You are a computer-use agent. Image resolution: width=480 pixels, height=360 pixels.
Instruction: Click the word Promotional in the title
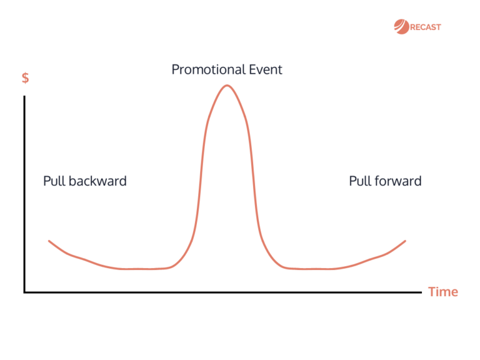click(208, 69)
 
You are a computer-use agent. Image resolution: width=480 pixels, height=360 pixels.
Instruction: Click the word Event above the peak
click(265, 69)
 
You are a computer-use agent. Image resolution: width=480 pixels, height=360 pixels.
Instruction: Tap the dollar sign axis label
click(25, 79)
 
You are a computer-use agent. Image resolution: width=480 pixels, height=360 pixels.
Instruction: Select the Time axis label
click(443, 292)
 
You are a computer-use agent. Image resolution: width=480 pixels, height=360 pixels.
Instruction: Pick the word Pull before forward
click(359, 181)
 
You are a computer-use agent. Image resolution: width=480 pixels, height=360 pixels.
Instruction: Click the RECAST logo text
click(426, 27)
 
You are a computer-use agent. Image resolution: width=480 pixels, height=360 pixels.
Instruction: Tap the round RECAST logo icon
click(401, 26)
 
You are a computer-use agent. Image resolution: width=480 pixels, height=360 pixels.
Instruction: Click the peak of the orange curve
click(227, 85)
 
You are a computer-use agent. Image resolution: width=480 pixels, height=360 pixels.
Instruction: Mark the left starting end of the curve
click(49, 241)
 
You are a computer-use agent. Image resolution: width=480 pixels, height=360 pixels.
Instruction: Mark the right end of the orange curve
click(406, 241)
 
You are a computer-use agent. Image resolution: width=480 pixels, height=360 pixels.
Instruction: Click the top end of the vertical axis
click(25, 97)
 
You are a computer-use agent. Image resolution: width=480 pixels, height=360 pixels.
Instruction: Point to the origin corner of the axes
click(25, 291)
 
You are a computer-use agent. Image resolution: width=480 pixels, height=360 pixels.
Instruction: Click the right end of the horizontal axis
click(421, 291)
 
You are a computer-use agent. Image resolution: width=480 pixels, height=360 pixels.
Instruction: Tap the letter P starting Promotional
click(176, 69)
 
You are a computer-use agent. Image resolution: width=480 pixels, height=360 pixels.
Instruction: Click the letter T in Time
click(432, 292)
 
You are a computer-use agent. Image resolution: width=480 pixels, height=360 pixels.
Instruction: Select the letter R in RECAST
click(414, 27)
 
